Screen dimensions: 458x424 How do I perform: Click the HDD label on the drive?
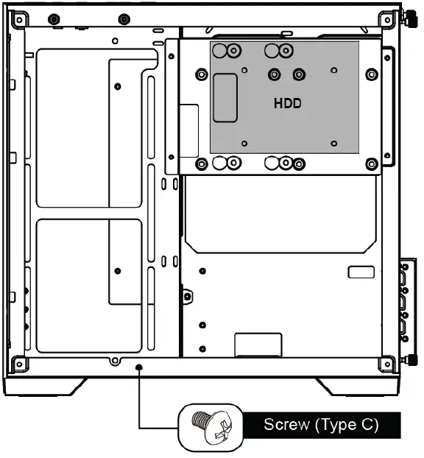[287, 104]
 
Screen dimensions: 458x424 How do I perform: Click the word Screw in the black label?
[287, 425]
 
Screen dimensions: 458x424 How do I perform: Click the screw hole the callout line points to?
[139, 365]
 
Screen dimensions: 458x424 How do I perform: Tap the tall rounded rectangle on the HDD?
[225, 98]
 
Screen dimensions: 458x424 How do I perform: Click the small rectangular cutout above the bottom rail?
[258, 344]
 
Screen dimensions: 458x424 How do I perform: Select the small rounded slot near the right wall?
[361, 272]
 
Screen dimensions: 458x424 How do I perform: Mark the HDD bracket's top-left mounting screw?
[200, 74]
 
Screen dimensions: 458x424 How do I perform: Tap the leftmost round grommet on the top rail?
[53, 19]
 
